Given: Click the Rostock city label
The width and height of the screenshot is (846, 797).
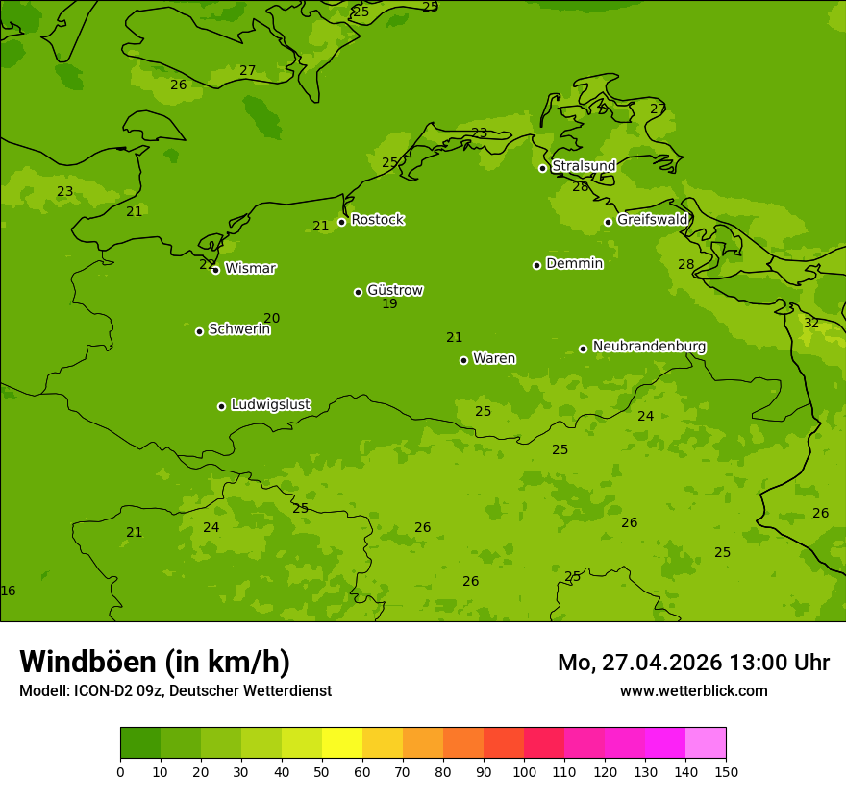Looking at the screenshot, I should coord(377,220).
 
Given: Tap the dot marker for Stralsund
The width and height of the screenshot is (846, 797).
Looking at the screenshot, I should coord(542,168).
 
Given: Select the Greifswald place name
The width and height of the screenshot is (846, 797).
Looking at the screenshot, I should coord(652,220).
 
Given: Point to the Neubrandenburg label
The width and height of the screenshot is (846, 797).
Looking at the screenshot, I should coord(649,347).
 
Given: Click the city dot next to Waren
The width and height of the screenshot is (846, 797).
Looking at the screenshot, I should coord(463,360).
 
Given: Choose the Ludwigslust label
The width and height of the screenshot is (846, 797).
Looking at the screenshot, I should coord(270,405).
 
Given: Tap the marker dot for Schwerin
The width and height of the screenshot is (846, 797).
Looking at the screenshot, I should coord(199,331).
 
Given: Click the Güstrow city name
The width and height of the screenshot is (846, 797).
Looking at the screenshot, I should coord(395,290).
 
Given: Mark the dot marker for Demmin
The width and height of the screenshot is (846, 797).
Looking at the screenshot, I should coord(536,265).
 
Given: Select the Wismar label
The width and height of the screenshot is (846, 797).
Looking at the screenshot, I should coord(250,269).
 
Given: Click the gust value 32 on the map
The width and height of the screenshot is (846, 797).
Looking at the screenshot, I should coord(811,323).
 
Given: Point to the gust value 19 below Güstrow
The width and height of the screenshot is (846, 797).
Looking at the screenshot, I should coord(389,304).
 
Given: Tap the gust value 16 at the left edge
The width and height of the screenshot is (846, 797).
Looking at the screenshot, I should coord(8,592).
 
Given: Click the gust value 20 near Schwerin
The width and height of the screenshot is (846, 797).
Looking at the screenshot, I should coord(272,319).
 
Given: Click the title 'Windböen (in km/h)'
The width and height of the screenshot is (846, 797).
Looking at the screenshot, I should coord(155,662).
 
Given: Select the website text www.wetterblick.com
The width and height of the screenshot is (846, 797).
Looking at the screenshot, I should coord(693,691).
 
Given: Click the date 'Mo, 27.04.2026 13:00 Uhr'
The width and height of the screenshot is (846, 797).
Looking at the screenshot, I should coord(693,663).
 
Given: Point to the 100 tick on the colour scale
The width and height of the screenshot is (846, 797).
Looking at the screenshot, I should coord(524,771).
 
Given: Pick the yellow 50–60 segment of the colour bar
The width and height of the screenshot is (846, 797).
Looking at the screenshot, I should coord(342,743).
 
